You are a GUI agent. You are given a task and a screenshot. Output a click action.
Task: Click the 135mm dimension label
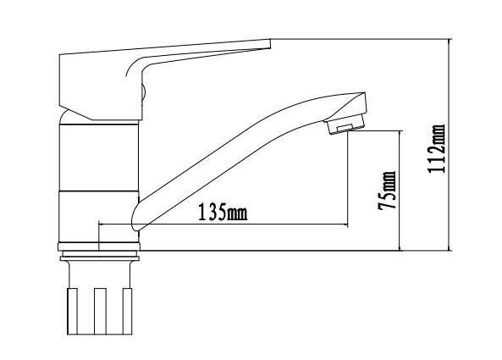click(223, 212)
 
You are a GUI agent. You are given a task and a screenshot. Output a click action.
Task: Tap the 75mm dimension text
click(387, 191)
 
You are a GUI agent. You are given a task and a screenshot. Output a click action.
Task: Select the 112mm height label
click(436, 149)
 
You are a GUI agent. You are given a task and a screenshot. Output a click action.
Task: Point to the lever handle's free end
click(270, 43)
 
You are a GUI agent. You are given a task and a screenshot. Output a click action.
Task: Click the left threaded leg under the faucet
click(72, 311)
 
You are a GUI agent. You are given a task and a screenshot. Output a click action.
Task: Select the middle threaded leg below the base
click(100, 311)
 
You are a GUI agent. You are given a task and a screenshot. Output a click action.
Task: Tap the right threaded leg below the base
click(128, 311)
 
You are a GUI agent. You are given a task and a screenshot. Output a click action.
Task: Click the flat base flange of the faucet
click(99, 246)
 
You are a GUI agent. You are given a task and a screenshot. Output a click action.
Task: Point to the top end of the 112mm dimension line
click(450, 39)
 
